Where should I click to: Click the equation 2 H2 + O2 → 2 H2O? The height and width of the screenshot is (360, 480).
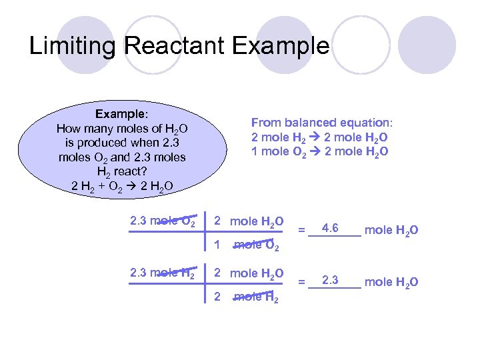point(122,186)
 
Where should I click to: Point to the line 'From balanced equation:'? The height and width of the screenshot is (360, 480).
point(322,123)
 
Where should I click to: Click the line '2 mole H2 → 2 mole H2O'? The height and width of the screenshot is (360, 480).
point(320,137)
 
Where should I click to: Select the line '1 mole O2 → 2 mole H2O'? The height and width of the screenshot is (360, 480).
point(320,152)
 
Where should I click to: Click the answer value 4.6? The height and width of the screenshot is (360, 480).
point(330,229)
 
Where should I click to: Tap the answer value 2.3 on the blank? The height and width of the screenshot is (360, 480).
point(330,279)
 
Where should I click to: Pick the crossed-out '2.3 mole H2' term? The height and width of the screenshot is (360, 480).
point(163,273)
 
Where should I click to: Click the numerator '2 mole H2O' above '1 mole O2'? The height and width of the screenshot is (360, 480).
point(248,221)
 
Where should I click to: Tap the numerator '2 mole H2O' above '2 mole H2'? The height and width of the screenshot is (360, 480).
point(248,273)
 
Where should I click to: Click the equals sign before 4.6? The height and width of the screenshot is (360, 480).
point(301,231)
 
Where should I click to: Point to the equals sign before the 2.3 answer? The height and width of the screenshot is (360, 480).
point(301,282)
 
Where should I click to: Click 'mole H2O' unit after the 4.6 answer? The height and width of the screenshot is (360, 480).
point(392,231)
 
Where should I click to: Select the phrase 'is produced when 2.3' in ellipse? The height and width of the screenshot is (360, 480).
point(122,143)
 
